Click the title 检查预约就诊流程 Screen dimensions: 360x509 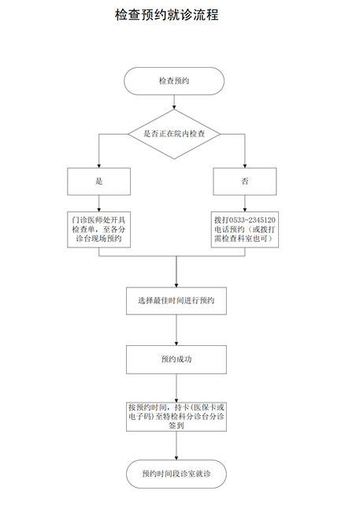[167, 15]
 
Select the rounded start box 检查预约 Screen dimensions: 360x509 [174, 81]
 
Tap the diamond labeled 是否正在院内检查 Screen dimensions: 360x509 [174, 134]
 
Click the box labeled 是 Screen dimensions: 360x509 [99, 181]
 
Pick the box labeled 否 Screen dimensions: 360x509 [245, 181]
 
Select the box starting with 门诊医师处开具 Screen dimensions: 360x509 [99, 229]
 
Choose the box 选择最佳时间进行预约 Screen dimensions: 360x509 [176, 301]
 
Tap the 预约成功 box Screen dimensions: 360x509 [176, 359]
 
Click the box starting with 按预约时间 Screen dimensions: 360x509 [176, 417]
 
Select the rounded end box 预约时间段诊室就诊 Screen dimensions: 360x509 [176, 474]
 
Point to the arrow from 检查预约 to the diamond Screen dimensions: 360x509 [174, 102]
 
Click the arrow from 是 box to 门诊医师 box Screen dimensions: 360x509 [99, 203]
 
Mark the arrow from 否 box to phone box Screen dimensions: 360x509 [245, 203]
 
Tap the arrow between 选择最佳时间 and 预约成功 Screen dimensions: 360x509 [176, 330]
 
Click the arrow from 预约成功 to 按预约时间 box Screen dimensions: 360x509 [176, 388]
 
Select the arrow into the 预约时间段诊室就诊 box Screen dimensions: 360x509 [176, 446]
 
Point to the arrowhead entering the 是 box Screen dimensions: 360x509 [99, 166]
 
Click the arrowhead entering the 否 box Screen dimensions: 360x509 [245, 166]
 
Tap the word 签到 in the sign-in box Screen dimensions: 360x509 [176, 425]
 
